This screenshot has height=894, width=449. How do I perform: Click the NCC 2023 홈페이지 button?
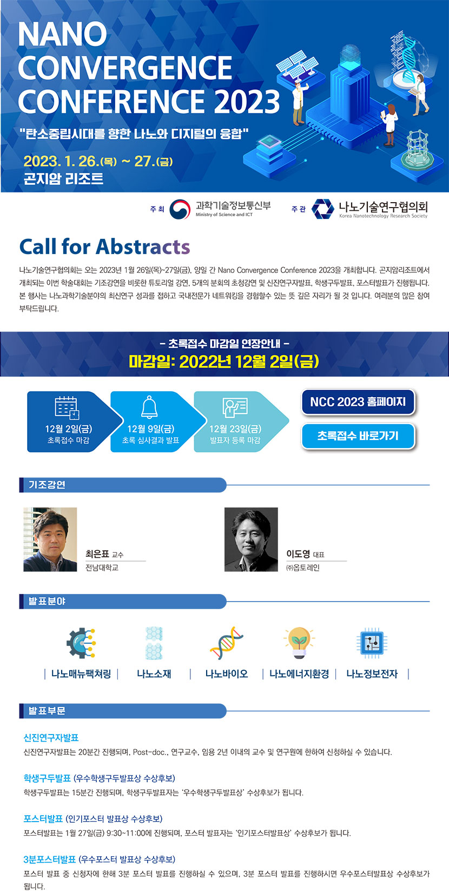click(x=358, y=402)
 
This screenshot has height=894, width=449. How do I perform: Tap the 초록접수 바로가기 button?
click(x=358, y=436)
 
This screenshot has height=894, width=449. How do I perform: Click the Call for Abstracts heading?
click(x=104, y=246)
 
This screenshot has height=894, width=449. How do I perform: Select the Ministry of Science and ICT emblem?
click(x=180, y=209)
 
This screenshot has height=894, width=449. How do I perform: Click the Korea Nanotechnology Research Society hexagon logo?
click(x=323, y=209)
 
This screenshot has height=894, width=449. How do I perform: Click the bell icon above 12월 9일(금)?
click(x=150, y=407)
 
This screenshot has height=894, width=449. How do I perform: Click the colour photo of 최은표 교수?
click(x=50, y=539)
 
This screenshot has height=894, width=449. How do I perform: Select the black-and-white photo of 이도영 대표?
click(x=251, y=539)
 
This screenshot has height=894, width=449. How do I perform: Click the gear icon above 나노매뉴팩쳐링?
click(x=81, y=643)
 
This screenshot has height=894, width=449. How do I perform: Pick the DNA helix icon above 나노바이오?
click(x=227, y=643)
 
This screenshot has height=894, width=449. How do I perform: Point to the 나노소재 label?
click(x=154, y=674)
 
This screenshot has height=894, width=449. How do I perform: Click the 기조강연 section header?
click(x=123, y=485)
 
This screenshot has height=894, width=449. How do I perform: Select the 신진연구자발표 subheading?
click(x=51, y=738)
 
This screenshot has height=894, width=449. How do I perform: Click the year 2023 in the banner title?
click(x=247, y=101)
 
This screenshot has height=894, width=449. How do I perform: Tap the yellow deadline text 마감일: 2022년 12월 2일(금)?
click(x=224, y=361)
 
